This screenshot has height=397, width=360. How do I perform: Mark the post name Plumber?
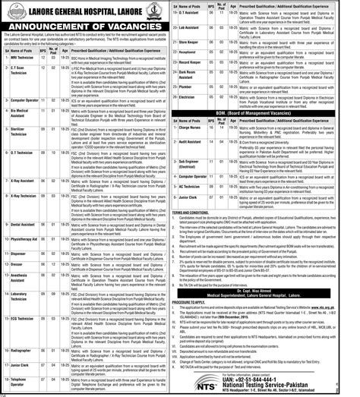point(205,86)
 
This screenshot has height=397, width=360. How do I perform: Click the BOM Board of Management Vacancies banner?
point(270,112)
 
